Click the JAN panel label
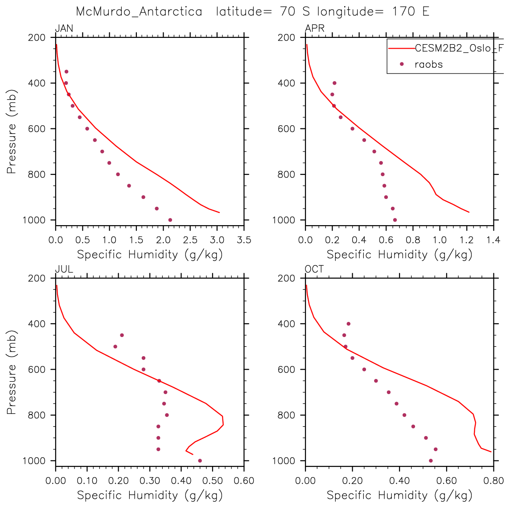pos(64,29)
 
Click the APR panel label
pos(314,29)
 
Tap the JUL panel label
pos(64,269)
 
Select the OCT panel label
pos(314,269)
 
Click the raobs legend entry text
pos(428,64)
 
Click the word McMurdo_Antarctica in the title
pos(139,12)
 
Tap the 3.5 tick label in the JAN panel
pos(243,240)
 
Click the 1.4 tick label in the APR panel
pos(493,240)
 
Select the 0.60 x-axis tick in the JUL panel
pos(243,481)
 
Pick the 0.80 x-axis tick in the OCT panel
pos(493,481)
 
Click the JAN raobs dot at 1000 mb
pos(170,220)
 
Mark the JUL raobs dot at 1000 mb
pos(200,461)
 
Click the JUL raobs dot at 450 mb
pos(122,335)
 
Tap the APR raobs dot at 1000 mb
pos(395,220)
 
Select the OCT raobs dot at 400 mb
pos(349,324)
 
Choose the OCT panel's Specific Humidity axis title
pos(399,495)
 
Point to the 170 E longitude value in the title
pos(411,12)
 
